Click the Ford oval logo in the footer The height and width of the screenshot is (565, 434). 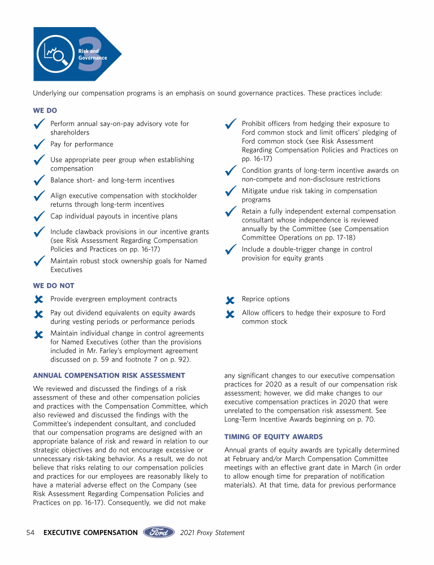click(159, 532)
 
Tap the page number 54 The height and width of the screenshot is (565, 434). click(32, 532)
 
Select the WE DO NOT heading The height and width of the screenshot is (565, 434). click(54, 286)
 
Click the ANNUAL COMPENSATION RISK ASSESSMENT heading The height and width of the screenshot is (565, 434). click(109, 375)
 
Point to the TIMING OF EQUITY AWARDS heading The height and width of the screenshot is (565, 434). click(274, 437)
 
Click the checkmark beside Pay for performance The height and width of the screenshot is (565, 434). click(39, 145)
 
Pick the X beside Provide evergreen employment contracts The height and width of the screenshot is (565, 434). click(38, 300)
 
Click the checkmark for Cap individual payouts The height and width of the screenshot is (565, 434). click(39, 217)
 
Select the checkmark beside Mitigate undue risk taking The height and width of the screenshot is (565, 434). click(230, 192)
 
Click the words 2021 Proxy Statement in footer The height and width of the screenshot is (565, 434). click(212, 532)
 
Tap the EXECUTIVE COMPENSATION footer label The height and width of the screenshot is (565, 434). click(90, 532)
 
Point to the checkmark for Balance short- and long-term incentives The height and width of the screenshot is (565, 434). click(39, 181)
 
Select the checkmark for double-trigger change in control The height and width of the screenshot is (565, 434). click(230, 250)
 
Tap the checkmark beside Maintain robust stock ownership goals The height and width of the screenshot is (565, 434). click(39, 262)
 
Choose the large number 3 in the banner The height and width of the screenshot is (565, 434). click(90, 54)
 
